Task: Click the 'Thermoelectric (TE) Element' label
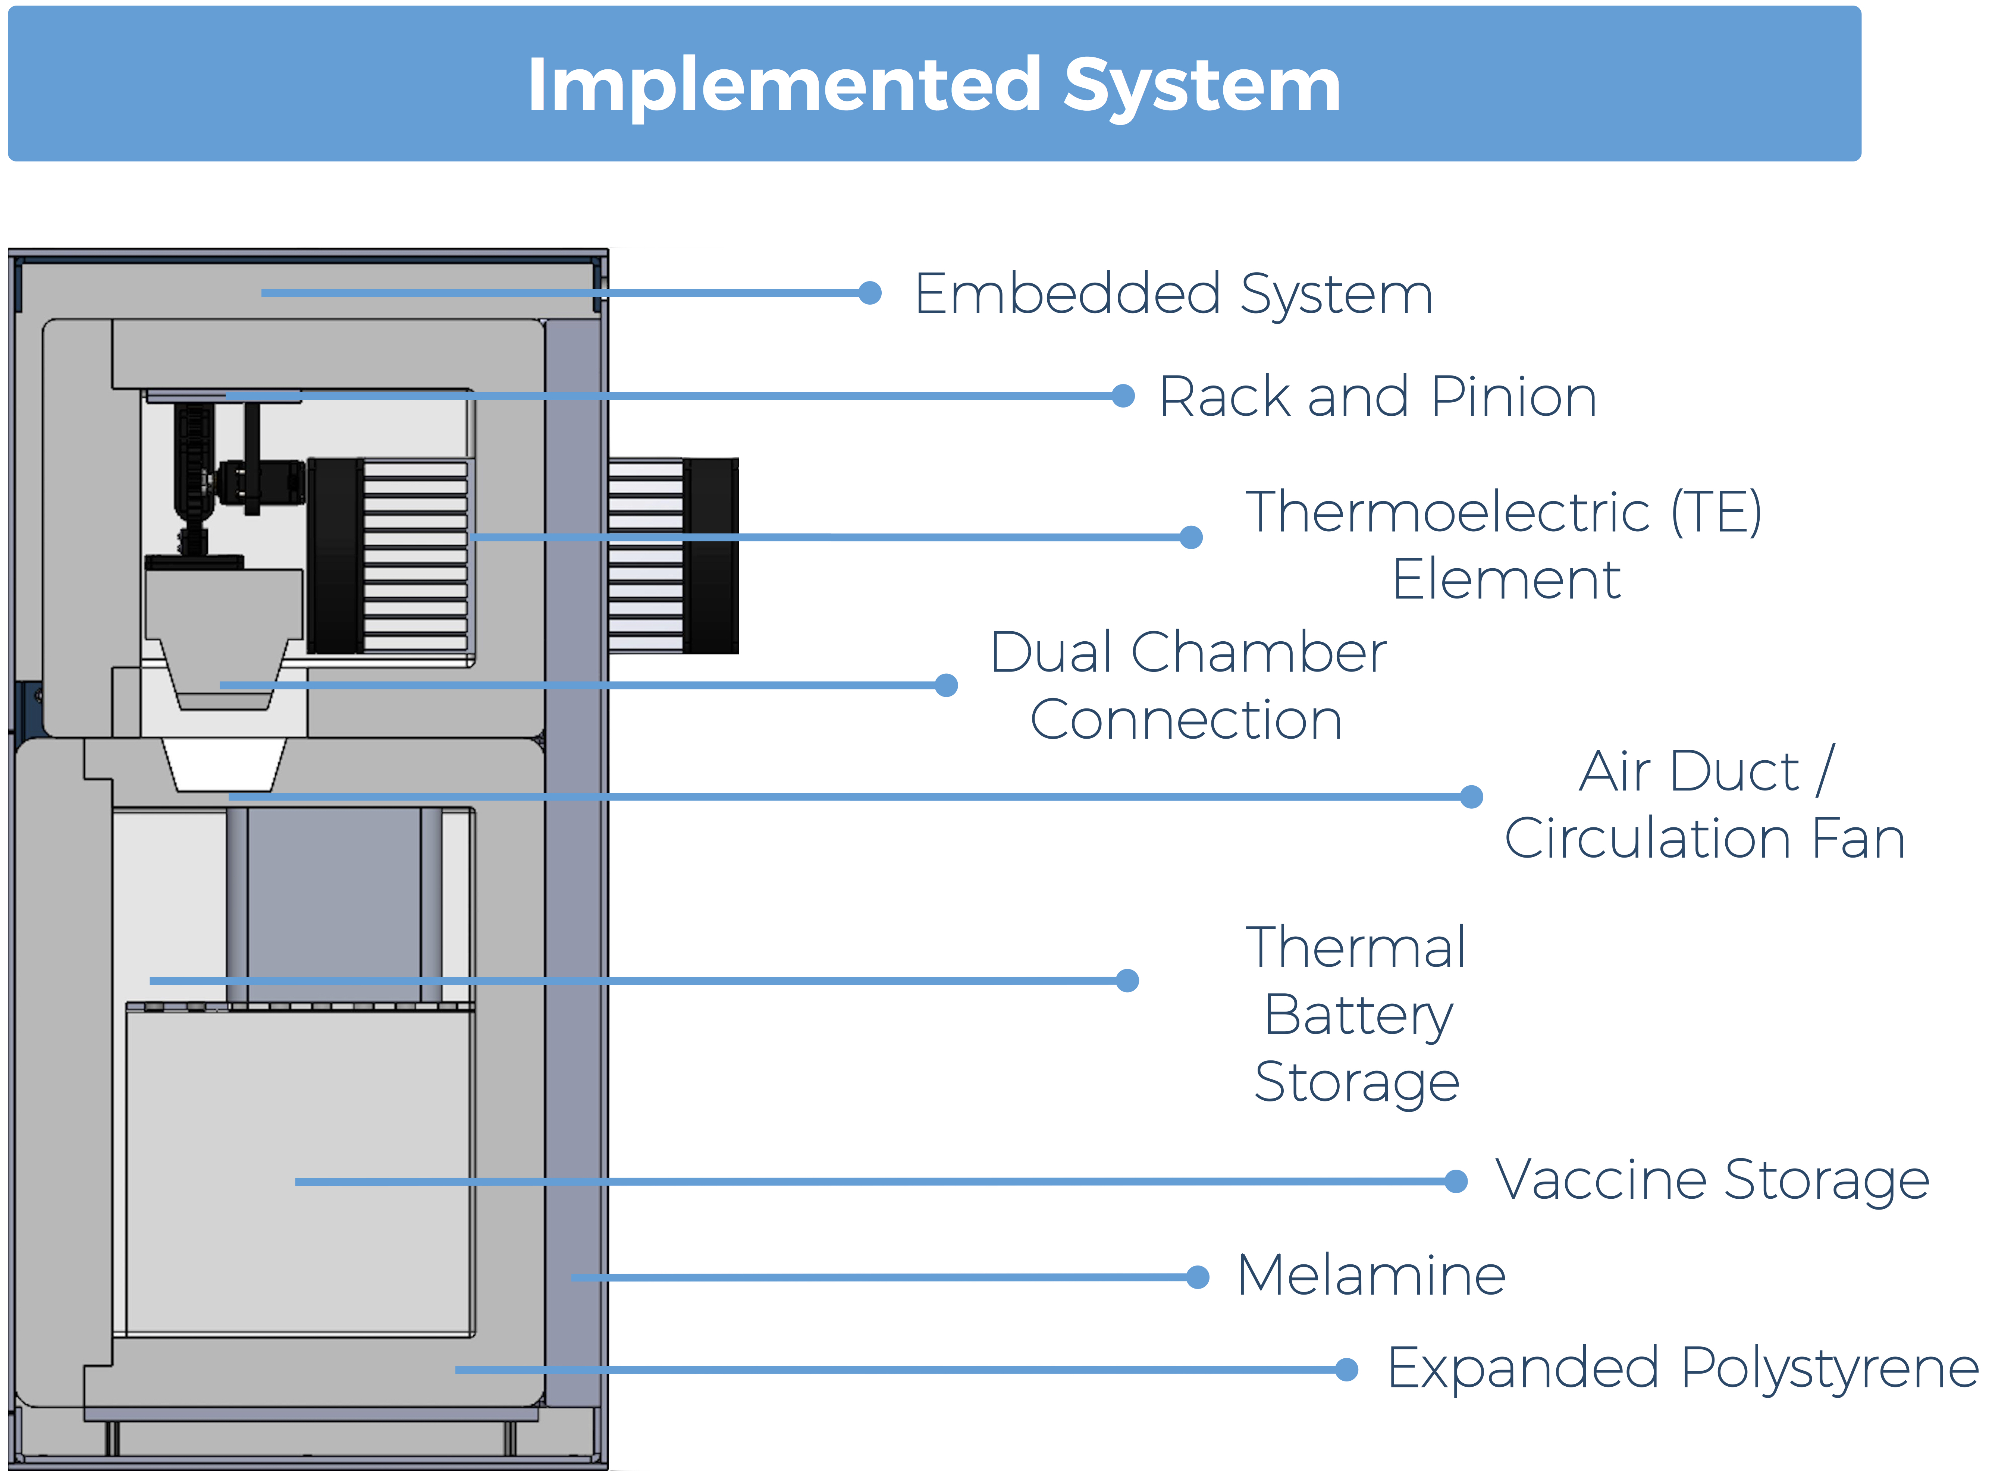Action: tap(1505, 545)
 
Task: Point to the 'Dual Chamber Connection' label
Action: tap(1188, 686)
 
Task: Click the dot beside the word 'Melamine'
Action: tap(1198, 1277)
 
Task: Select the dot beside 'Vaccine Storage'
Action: tap(1456, 1182)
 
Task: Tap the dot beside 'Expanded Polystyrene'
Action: tap(1346, 1370)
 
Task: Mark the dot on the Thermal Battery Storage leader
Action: tap(1127, 981)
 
